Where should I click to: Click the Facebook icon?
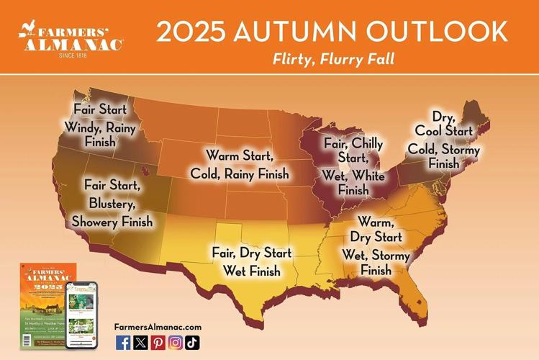(123, 343)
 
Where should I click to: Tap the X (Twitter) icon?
(140, 343)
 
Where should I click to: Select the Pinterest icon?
(158, 343)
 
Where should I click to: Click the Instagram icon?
(175, 343)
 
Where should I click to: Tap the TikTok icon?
(192, 343)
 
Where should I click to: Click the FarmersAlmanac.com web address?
(158, 327)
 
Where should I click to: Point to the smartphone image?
(81, 315)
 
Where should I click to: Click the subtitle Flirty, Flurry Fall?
(333, 59)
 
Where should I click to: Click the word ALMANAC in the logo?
(73, 44)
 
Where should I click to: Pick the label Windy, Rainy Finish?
(100, 135)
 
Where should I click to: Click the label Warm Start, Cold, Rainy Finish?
(239, 165)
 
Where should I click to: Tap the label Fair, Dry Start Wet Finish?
(251, 262)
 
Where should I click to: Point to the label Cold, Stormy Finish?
(443, 156)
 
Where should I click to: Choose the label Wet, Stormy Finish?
(376, 263)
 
